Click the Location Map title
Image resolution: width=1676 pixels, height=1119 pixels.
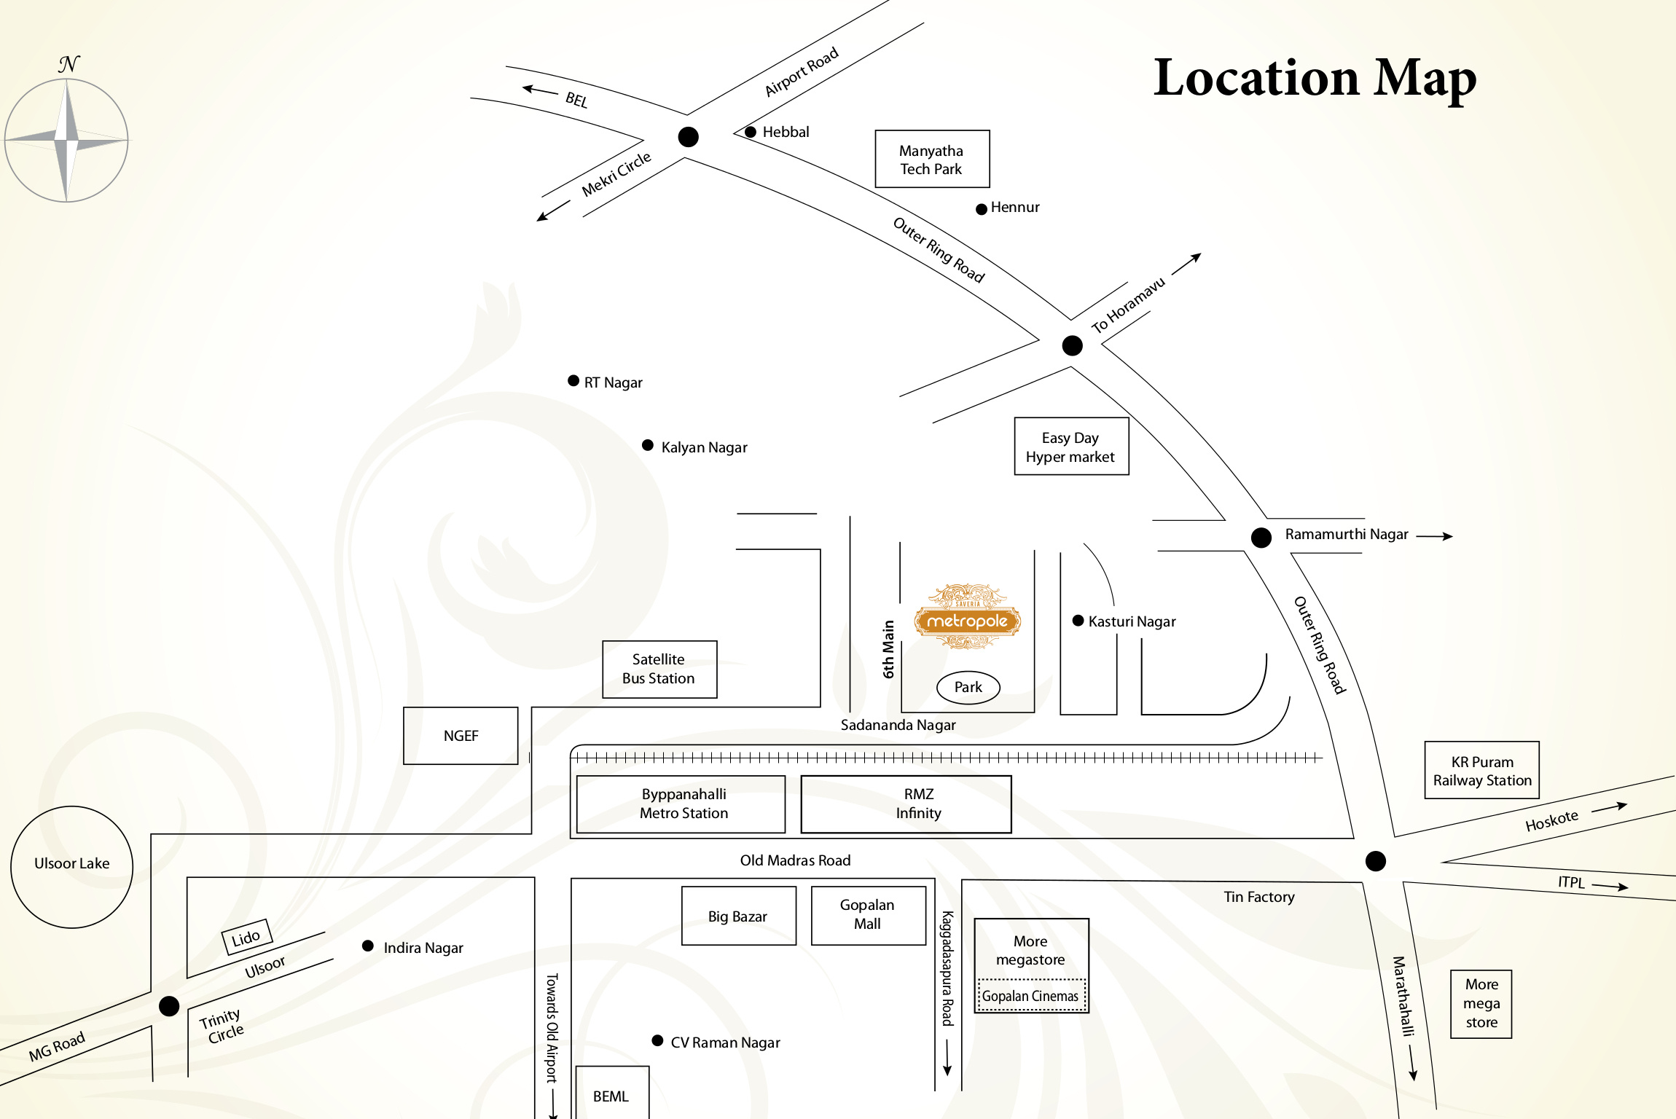[1315, 78]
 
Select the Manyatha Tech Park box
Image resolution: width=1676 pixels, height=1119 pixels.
[932, 159]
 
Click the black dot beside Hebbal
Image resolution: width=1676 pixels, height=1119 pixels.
[750, 132]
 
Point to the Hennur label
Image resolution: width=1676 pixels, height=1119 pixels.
[1015, 207]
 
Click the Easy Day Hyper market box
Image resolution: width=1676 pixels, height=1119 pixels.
[1071, 446]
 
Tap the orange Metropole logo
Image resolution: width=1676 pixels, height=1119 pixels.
[968, 616]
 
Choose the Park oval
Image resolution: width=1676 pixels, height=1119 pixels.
[968, 687]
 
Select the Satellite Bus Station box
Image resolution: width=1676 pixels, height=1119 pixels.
[659, 669]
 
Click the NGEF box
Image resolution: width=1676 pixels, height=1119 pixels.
[461, 735]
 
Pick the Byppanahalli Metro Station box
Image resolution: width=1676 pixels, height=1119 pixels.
[681, 804]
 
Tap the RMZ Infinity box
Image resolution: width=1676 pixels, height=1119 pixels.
[906, 804]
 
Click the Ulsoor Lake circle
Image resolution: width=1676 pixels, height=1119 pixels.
[71, 867]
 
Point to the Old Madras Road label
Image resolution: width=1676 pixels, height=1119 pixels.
[795, 860]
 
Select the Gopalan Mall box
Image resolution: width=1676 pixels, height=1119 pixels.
[868, 915]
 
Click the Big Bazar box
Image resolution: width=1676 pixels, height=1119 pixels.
[738, 915]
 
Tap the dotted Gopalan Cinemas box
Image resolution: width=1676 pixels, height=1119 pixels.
[1030, 996]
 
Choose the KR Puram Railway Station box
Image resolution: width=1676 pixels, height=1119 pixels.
[1481, 770]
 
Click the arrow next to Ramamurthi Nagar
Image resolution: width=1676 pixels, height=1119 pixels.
[1434, 536]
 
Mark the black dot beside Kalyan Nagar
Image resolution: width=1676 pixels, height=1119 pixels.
[647, 445]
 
